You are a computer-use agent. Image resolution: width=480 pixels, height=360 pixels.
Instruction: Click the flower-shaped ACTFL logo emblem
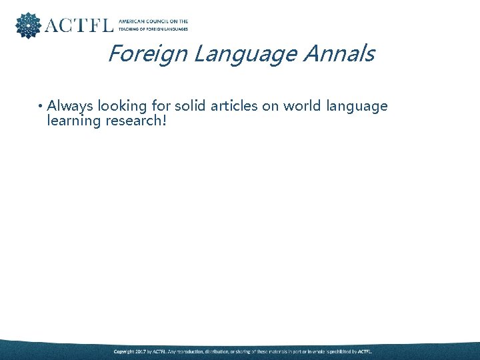[x=27, y=25]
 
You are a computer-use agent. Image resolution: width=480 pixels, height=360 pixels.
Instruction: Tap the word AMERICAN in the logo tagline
[x=131, y=21]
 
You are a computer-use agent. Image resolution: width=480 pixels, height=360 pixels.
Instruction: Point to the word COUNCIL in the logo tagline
[x=159, y=21]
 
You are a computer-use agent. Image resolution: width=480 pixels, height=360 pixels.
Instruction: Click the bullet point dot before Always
[x=40, y=107]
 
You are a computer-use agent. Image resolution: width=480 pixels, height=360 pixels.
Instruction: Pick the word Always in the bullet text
[x=70, y=106]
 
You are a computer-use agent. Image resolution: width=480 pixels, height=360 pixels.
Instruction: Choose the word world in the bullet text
[x=298, y=106]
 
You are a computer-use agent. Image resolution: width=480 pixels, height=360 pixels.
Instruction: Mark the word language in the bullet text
[x=356, y=107]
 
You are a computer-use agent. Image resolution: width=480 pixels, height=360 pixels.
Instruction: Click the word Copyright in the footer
[x=124, y=351]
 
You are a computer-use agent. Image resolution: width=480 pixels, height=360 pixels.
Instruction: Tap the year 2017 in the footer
[x=141, y=351]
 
